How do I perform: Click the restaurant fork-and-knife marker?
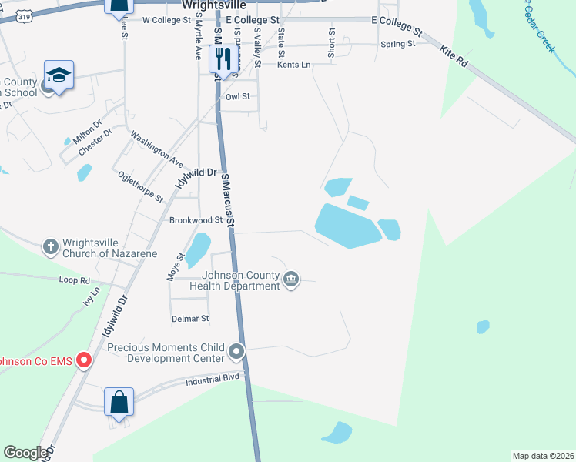pos(223,58)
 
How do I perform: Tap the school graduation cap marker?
pos(59,75)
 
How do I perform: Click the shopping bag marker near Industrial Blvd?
pos(119,402)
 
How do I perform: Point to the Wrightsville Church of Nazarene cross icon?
pos(51,246)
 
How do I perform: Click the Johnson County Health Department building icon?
pos(291,279)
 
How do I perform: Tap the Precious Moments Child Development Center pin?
pos(237,353)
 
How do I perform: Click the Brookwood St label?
pos(196,220)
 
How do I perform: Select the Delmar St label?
pos(189,318)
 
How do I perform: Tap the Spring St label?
pos(398,45)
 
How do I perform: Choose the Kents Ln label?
pos(293,65)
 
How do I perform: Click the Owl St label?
pos(238,97)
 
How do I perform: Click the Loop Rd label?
pos(75,280)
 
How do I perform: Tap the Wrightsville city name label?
pos(219,4)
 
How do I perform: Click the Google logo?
pos(25,453)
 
